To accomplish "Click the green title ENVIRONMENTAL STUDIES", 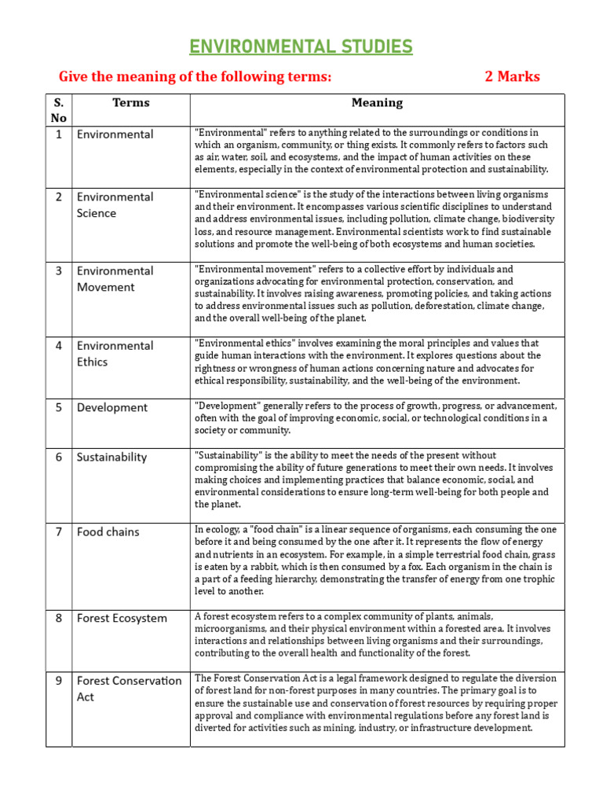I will coord(301,47).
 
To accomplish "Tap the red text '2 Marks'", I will coord(512,76).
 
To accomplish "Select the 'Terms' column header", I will coord(130,102).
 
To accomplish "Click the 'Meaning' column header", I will coord(377,102).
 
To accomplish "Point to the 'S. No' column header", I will coord(59,110).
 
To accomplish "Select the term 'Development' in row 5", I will coord(111,407).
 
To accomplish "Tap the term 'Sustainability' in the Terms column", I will coord(111,457).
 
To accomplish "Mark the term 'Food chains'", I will coord(108,531).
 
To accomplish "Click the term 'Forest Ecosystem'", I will coord(122,618).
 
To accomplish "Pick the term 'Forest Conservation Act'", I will coord(129,689).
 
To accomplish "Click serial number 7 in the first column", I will coord(59,531).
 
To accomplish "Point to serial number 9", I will coord(59,681).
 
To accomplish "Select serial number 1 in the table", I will coord(59,134).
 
